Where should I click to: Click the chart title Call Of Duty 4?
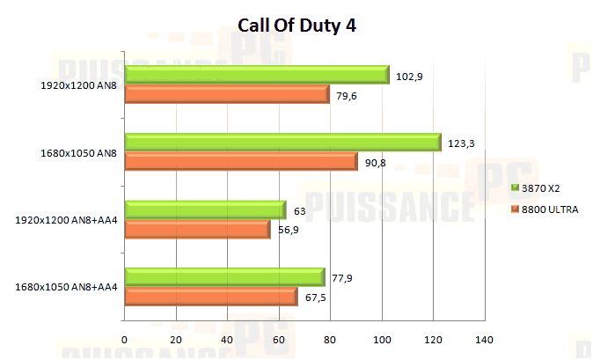(296, 26)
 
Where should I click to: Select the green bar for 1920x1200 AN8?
(256, 75)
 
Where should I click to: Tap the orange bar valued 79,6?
(226, 94)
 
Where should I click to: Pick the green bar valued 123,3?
(282, 142)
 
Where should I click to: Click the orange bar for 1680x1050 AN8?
(240, 161)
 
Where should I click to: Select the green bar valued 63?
(205, 209)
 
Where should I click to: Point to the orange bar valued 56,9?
(197, 229)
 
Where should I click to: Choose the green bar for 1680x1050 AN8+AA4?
(224, 276)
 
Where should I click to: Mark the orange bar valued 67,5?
(210, 296)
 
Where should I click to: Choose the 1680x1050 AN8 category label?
(78, 152)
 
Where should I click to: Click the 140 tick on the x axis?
(484, 340)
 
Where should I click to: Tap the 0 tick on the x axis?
(125, 340)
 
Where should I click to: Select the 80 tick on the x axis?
(330, 340)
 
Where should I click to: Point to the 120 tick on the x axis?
(433, 340)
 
